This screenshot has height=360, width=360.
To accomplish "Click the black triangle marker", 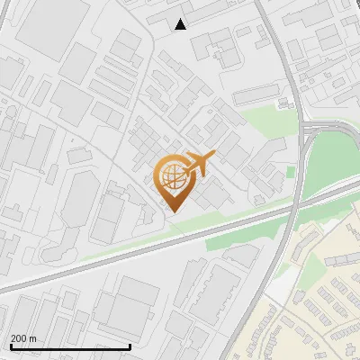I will (181, 24).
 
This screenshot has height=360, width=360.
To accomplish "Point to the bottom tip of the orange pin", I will (172, 212).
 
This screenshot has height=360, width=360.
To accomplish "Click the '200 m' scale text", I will (23, 338).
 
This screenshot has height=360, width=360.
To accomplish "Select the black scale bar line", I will (69, 346).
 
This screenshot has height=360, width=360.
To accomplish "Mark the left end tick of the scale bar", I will (9, 344).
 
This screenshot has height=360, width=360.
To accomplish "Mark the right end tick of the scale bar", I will (130, 344).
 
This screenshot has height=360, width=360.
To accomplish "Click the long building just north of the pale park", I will (256, 94).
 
